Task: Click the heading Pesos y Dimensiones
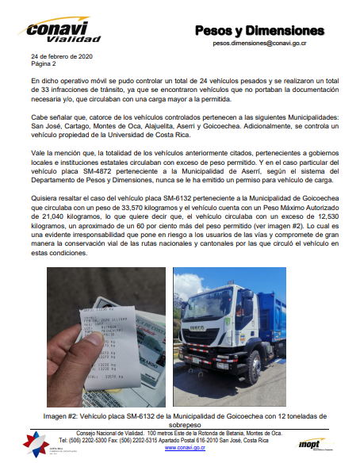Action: coord(259,31)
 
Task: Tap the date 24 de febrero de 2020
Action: coord(60,59)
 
